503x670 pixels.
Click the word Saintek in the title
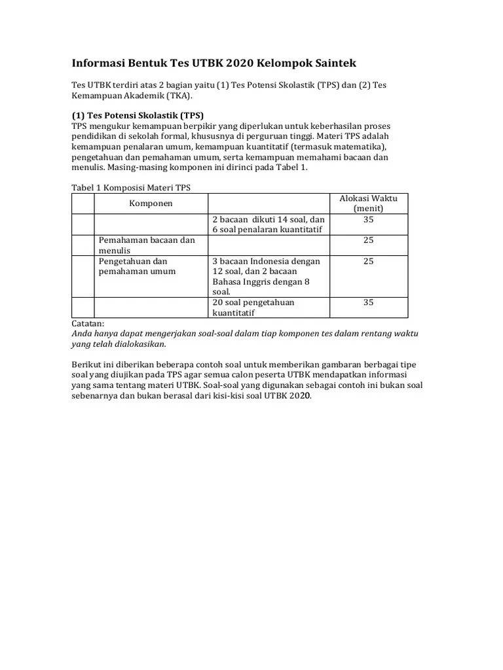[333, 63]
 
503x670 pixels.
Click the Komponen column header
[151, 203]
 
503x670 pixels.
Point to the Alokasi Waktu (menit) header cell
[368, 203]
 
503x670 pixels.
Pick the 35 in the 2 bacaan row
[368, 219]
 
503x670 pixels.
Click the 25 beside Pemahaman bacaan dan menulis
[368, 240]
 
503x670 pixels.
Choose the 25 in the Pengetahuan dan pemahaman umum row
[368, 261]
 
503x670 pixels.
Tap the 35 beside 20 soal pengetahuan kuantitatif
[368, 302]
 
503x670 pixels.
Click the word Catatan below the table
[87, 323]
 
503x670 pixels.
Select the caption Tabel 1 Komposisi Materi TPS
[130, 188]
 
